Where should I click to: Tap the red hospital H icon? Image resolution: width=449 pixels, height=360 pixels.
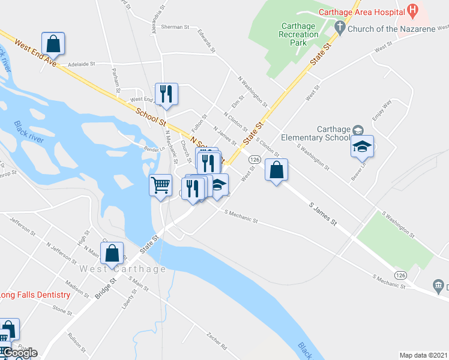coord(412,10)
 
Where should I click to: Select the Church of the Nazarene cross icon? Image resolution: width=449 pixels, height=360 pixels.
coord(340,26)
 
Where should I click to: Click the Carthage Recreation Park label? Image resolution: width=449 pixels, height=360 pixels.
coord(298,34)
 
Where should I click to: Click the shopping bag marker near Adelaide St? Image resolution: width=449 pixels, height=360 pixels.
coord(53,44)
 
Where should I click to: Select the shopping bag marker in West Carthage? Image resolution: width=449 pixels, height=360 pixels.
coord(112,253)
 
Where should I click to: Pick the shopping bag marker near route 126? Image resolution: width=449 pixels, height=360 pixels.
coord(276,170)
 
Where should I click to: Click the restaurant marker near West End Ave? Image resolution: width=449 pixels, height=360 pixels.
coord(166,94)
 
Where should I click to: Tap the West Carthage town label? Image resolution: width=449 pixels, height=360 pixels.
coord(122,269)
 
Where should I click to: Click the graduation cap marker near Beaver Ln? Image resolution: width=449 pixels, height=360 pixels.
coord(362,146)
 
